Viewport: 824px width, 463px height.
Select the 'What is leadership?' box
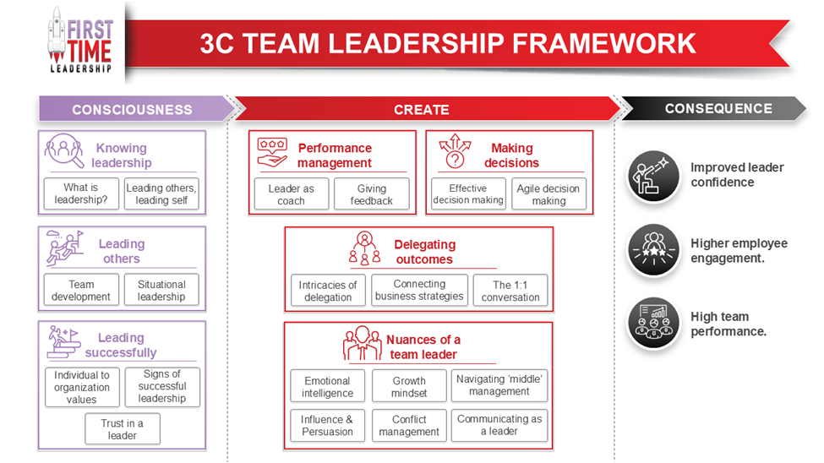(x=80, y=193)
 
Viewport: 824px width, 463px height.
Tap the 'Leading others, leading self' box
(x=161, y=193)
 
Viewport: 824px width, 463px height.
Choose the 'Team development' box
(x=80, y=291)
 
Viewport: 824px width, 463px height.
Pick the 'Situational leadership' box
(x=161, y=291)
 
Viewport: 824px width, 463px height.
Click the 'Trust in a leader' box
(x=122, y=429)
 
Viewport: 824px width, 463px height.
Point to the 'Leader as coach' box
(x=291, y=194)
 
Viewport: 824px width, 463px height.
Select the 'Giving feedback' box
(x=371, y=194)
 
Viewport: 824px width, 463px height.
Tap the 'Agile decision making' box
(x=548, y=194)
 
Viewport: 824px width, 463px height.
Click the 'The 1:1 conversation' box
(x=510, y=291)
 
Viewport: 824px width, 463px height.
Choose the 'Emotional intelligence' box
(x=328, y=386)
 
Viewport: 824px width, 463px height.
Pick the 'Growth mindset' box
(x=409, y=386)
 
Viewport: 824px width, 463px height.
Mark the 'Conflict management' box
(x=409, y=425)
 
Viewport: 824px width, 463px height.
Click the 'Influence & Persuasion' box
(x=328, y=425)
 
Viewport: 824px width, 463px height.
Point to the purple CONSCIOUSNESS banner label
(x=132, y=110)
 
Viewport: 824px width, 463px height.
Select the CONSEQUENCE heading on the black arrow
(x=718, y=109)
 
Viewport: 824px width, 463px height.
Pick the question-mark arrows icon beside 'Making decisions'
(x=456, y=153)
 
